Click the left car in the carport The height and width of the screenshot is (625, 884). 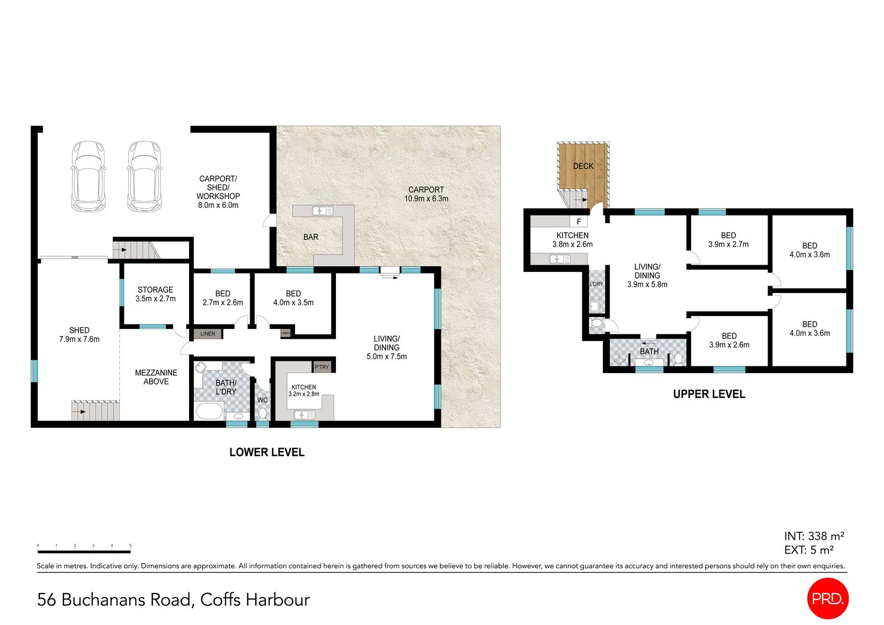(x=88, y=176)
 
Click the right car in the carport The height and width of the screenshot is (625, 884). (x=144, y=176)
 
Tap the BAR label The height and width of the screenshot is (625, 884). (x=311, y=237)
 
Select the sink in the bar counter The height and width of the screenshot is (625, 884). (x=323, y=211)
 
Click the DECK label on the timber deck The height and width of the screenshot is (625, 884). (x=583, y=166)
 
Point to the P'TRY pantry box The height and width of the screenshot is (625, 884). (x=322, y=367)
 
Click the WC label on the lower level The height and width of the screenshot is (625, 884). (x=262, y=400)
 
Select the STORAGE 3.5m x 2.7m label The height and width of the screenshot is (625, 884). (x=155, y=294)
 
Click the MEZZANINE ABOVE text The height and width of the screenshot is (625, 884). (x=156, y=377)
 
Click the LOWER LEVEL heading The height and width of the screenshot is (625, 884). (x=267, y=452)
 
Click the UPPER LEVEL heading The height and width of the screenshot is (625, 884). (x=709, y=394)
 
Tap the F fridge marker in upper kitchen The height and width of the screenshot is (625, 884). (x=579, y=222)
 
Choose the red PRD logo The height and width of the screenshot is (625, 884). (x=827, y=598)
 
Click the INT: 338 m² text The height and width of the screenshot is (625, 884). (x=814, y=536)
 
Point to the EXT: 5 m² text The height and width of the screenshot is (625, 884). (x=808, y=550)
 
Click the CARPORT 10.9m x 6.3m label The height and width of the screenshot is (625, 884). (x=426, y=194)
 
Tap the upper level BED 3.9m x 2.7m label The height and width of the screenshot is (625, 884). (x=728, y=240)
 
